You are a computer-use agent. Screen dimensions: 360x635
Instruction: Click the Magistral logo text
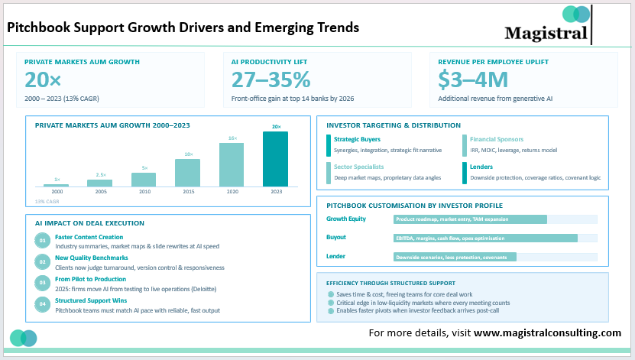pos(546,33)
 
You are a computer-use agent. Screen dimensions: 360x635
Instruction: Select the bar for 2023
pos(276,159)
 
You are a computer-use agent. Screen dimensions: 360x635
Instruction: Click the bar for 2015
pos(188,172)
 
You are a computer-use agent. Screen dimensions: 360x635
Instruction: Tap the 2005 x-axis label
pos(100,193)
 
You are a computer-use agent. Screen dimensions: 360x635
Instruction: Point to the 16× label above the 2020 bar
pos(232,138)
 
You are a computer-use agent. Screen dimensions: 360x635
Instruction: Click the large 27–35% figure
pos(271,79)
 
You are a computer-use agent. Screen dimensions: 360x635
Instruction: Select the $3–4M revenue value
pos(472,79)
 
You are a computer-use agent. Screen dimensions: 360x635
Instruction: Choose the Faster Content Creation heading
pos(89,237)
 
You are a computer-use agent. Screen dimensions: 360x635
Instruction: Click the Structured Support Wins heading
pos(90,301)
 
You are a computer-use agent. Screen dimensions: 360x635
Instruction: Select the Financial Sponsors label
pos(496,140)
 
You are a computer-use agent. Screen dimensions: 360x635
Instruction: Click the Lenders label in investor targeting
pos(481,167)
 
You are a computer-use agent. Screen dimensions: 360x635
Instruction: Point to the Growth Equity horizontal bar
pos(470,219)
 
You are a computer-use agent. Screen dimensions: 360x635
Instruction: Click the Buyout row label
pos(337,238)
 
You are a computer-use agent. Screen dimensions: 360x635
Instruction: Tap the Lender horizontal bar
pos(455,257)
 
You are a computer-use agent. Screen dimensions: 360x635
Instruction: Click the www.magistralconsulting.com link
pos(547,333)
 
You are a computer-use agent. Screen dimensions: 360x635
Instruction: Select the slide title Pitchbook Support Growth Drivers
pos(183,28)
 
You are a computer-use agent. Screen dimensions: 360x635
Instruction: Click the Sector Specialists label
pos(358,167)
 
